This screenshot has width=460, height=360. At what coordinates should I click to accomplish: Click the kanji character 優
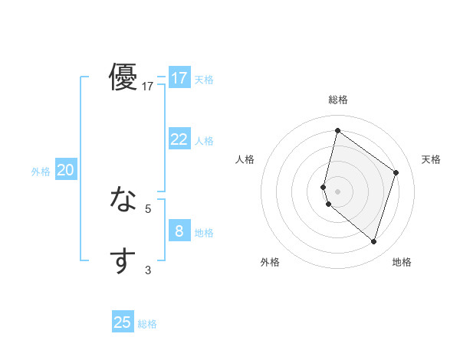pyautogui.click(x=123, y=77)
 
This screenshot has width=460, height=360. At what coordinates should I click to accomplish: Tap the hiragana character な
pyautogui.click(x=123, y=200)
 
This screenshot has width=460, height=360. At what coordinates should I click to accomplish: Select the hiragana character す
pyautogui.click(x=123, y=260)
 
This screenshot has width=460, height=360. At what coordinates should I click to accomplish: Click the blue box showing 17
pyautogui.click(x=179, y=78)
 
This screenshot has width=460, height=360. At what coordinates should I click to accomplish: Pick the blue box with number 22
pyautogui.click(x=179, y=139)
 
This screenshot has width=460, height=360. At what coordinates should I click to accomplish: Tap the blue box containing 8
pyautogui.click(x=179, y=231)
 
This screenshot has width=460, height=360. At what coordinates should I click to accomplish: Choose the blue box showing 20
pyautogui.click(x=65, y=170)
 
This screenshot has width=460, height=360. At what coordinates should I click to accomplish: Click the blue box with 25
pyautogui.click(x=123, y=322)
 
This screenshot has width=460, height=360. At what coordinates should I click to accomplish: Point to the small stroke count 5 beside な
pyautogui.click(x=148, y=208)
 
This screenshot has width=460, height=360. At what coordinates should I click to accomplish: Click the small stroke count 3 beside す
pyautogui.click(x=148, y=270)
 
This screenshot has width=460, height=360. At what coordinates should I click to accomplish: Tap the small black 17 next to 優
pyautogui.click(x=148, y=87)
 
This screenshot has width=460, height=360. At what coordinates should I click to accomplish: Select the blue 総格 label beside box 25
pyautogui.click(x=147, y=324)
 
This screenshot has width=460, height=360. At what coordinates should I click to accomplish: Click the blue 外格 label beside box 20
pyautogui.click(x=41, y=172)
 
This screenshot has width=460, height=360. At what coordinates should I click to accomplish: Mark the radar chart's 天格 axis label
pyautogui.click(x=431, y=159)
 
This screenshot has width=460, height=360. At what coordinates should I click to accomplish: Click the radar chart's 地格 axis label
pyautogui.click(x=402, y=262)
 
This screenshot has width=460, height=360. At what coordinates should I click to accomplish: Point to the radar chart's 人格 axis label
pyautogui.click(x=245, y=159)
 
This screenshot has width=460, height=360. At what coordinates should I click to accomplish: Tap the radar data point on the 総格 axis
pyautogui.click(x=337, y=130)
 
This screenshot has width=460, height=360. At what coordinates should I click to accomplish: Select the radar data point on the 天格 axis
pyautogui.click(x=396, y=172)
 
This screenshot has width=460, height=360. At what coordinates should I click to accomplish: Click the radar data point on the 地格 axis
pyautogui.click(x=373, y=241)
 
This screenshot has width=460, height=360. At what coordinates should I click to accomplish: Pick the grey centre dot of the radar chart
pyautogui.click(x=337, y=191)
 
